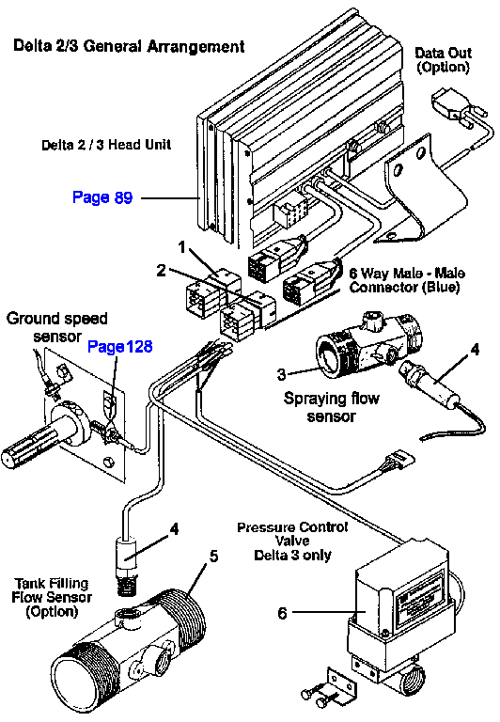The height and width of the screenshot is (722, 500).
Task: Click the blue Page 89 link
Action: [x=102, y=197]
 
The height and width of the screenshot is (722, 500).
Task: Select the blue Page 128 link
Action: [x=119, y=346]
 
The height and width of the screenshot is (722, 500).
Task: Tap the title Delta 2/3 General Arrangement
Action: [x=129, y=46]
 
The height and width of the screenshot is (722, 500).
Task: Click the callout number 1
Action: [x=181, y=247]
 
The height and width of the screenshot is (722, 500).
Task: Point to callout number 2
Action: [x=161, y=271]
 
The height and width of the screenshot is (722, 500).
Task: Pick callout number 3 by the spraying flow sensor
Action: [x=281, y=374]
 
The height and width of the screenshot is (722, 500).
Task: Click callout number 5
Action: [x=213, y=557]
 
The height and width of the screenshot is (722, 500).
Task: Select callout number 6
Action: [x=282, y=613]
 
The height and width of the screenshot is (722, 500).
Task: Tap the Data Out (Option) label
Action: [x=443, y=60]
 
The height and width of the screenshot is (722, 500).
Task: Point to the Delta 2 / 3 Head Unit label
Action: [x=106, y=145]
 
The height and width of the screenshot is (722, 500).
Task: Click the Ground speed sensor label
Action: [x=57, y=327]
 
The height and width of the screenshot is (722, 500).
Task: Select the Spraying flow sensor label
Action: [x=332, y=407]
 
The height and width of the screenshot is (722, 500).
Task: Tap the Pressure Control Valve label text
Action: [x=292, y=541]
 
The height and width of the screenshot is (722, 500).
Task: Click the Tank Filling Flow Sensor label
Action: [x=52, y=597]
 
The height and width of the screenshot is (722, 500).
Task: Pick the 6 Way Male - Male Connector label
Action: [x=407, y=280]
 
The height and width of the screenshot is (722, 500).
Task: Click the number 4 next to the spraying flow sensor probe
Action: [x=475, y=350]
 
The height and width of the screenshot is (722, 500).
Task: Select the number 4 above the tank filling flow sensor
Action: [x=174, y=529]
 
